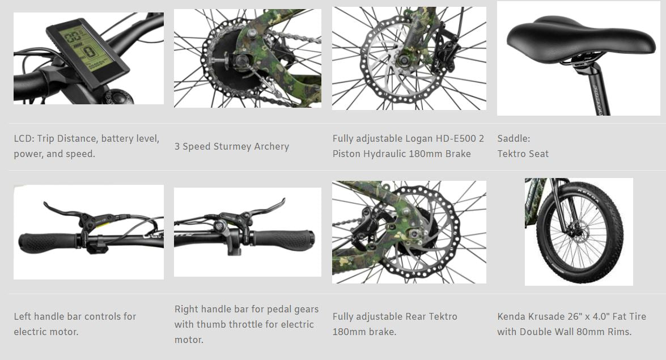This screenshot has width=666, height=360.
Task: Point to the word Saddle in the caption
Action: (512, 138)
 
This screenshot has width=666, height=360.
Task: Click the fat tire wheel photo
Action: (578, 231)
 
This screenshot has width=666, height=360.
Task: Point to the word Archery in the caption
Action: (272, 146)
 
